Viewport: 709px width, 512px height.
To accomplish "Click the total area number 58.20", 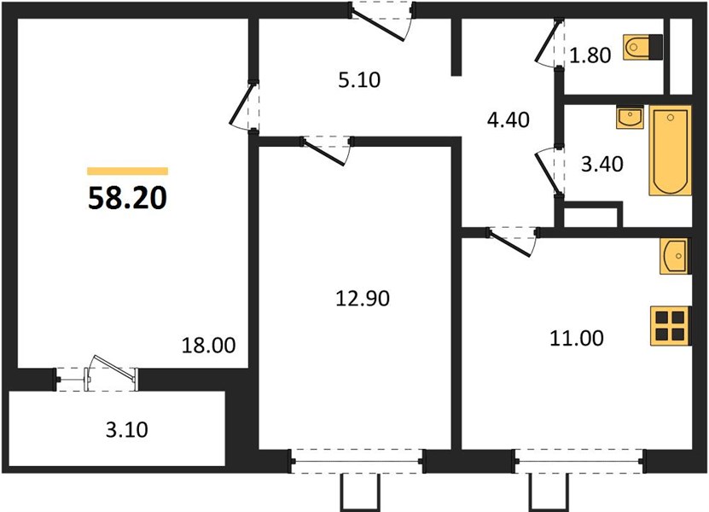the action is [x=127, y=198].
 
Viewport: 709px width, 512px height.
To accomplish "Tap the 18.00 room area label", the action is [x=208, y=346].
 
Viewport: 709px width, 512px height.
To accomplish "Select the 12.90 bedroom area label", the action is [x=363, y=299].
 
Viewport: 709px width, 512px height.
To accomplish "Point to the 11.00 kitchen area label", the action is [x=577, y=338].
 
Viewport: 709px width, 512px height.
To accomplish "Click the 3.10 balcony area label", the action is [x=126, y=430].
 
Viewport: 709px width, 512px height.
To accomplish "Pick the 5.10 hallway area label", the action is [x=359, y=80].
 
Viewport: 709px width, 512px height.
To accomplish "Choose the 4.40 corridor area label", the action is [x=509, y=119].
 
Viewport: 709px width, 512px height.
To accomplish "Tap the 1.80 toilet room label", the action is [x=590, y=55].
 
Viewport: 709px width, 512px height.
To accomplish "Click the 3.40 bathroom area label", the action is [x=601, y=164].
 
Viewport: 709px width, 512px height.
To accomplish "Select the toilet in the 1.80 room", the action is [x=642, y=47].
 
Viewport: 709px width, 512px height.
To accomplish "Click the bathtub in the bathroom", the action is [x=670, y=150].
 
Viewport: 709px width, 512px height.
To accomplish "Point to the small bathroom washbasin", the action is [x=630, y=117].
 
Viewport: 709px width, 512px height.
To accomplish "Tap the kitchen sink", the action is [x=674, y=256].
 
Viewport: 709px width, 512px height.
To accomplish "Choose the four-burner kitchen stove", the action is [x=670, y=326].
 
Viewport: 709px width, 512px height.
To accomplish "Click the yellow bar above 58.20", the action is [x=127, y=171].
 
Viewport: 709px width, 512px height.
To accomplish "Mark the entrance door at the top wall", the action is [x=381, y=20].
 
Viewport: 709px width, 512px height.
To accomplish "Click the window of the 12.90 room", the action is [x=357, y=462].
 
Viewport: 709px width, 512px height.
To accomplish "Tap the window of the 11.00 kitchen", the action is [x=580, y=462].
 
